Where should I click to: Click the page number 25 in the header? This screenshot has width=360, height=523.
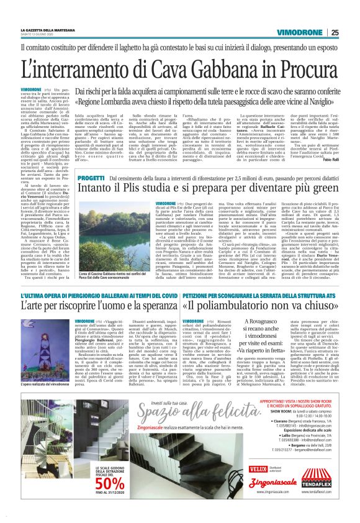point(335,32)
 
